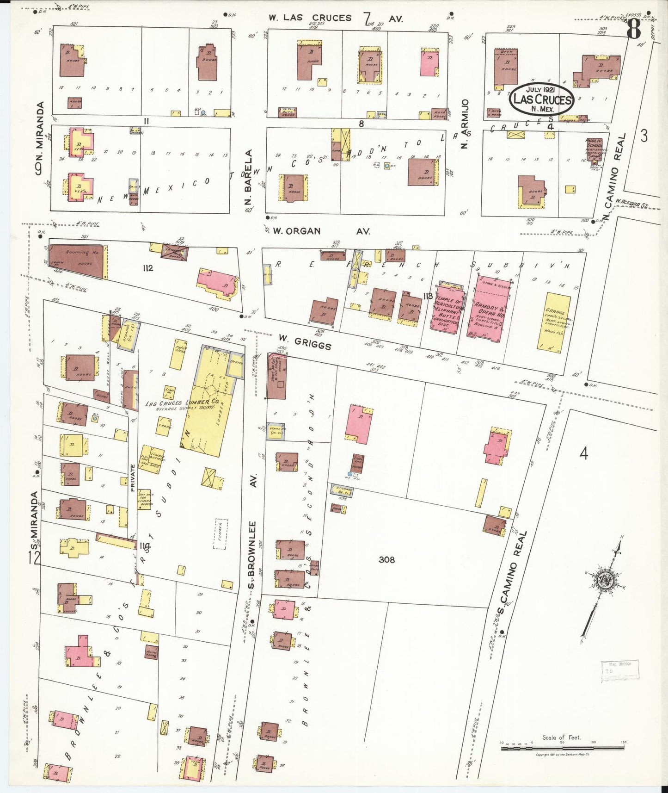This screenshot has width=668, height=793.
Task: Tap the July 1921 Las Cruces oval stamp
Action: (x=542, y=99)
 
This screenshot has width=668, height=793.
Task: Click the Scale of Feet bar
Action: (x=562, y=747)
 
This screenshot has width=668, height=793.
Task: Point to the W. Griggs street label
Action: (x=305, y=343)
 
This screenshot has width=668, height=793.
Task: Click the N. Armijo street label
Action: (x=465, y=124)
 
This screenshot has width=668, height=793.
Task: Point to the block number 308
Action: (x=386, y=559)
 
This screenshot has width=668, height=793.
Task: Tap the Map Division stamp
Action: (x=619, y=670)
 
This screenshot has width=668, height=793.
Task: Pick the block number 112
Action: (x=148, y=268)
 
